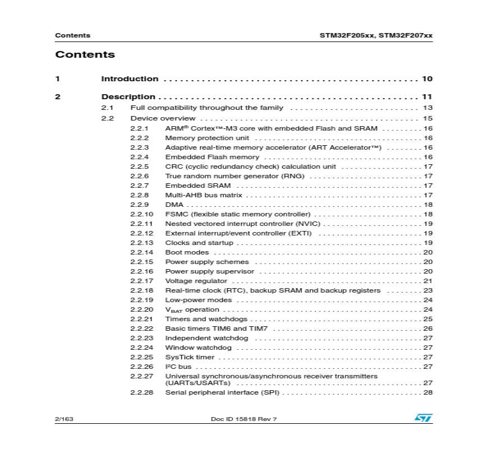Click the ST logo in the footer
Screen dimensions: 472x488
coord(423,418)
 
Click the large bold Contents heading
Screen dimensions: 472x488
coord(85,54)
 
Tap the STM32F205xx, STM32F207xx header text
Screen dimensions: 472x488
coord(376,35)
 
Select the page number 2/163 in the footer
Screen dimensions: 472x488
coord(64,419)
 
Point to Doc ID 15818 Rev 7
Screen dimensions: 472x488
coord(243,419)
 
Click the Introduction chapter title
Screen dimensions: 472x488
coord(130,79)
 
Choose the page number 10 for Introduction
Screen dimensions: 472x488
coord(427,79)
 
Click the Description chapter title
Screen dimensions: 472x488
coord(128,97)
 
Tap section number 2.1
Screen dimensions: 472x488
coord(107,108)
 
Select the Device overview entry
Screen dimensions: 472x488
coord(163,118)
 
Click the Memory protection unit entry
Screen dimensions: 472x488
coord(207,138)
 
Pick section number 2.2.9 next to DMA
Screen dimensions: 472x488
coord(140,205)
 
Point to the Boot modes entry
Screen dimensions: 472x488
coord(187,252)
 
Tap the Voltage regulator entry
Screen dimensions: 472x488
coord(196,281)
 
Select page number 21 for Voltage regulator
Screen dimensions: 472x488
coord(427,281)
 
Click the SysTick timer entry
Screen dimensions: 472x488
coord(190,357)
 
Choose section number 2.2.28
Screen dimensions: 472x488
coord(141,392)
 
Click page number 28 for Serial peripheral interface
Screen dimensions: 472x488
coord(427,392)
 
